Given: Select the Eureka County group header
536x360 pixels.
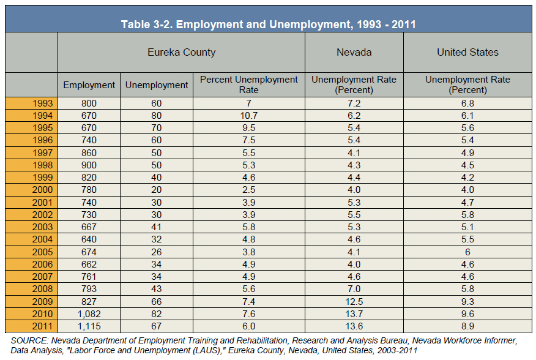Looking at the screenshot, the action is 182,53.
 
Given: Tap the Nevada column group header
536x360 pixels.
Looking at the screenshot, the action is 354,53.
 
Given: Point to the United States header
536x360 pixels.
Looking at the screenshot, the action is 467,53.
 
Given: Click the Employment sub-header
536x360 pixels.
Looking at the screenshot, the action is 89,85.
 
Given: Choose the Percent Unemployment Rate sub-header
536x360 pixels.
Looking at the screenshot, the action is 249,84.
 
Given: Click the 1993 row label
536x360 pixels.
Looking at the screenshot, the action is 42,103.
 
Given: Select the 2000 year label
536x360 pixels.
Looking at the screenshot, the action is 42,190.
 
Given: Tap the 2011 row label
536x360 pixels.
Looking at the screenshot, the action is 42,326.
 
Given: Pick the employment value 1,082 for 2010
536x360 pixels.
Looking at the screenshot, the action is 89,314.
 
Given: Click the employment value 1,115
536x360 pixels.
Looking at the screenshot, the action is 89,326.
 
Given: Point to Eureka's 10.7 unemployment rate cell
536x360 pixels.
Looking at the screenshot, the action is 249,116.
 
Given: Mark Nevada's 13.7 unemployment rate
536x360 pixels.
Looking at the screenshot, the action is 354,314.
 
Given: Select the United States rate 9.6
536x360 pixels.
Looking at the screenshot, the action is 467,314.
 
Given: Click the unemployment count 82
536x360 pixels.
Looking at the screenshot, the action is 157,314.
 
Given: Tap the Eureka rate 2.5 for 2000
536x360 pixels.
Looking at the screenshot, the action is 249,190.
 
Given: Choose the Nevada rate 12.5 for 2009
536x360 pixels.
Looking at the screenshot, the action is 354,301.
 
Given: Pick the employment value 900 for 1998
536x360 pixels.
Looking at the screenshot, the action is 89,165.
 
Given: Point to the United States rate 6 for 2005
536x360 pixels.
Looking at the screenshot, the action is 467,252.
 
